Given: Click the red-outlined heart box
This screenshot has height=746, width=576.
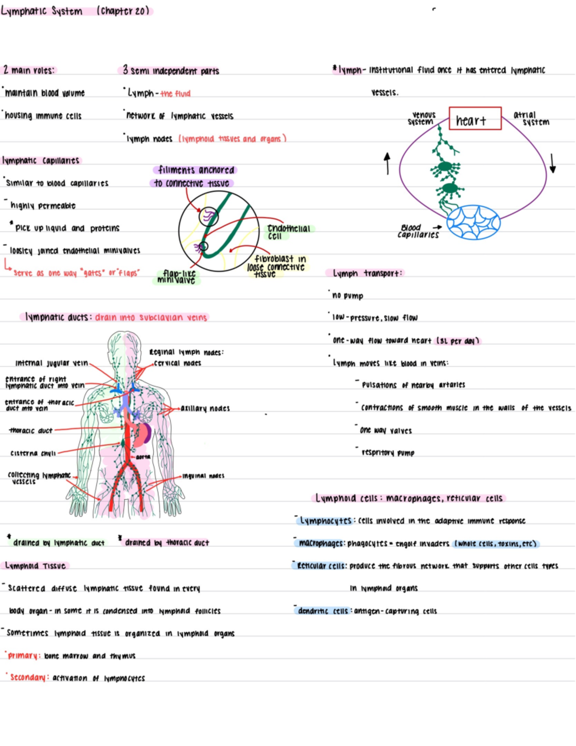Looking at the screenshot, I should coord(475,119).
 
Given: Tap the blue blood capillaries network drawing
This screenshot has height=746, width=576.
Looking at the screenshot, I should coord(473,222).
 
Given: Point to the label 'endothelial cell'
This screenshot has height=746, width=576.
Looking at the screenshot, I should coord(288,232).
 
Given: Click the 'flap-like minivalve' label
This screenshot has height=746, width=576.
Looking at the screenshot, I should coord(177,277).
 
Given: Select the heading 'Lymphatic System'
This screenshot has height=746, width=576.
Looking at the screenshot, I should coord(42,11).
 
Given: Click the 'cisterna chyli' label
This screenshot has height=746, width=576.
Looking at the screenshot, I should coord(33,453).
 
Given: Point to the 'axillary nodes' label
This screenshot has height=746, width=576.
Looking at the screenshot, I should coord(205,408).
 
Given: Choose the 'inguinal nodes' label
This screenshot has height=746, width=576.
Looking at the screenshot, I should coord(203,476).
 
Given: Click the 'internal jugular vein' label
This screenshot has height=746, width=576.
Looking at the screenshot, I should coord(51,363).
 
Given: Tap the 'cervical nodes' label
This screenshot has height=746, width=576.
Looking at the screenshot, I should coord(177,363).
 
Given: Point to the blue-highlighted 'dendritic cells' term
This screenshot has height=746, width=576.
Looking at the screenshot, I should coord(323,611).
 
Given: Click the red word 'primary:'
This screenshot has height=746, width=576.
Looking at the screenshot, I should coord(23,656).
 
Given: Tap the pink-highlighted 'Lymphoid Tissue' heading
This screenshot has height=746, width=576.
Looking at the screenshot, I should coord(36,566).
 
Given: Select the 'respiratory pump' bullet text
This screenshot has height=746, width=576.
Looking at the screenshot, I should coord(388,452).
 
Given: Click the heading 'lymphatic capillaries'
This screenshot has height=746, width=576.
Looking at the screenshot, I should coord(41,160).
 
